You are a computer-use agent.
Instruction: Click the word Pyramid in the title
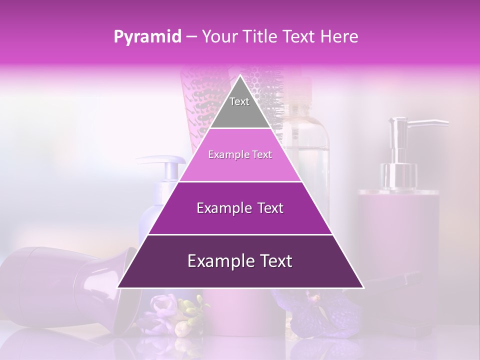tap(147, 37)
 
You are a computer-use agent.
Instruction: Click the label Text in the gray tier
tap(239, 101)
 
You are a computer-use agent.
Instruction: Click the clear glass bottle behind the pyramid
tap(310, 145)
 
